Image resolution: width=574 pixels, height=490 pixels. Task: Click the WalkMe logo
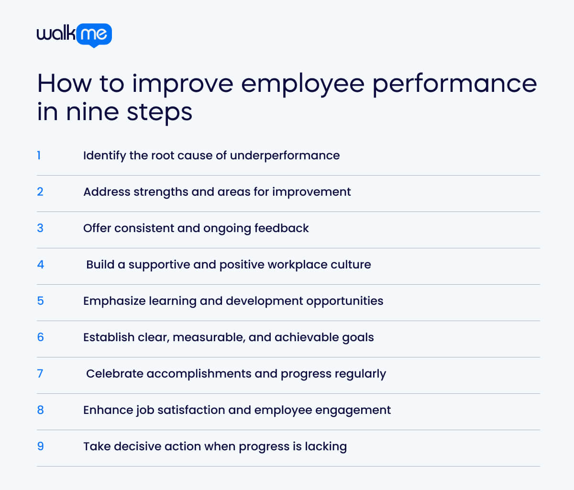coord(74,34)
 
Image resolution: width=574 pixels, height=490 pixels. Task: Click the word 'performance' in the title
coord(454,84)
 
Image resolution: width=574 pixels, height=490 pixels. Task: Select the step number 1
coord(39,156)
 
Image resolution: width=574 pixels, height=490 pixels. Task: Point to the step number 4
coord(41,265)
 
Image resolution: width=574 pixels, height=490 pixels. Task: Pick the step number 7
coord(40,374)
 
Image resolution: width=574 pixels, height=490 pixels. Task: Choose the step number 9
coord(41,446)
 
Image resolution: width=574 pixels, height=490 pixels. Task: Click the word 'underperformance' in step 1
coord(285,156)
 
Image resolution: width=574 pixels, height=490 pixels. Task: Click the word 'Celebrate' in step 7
coord(115,374)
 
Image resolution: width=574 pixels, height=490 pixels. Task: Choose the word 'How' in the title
coord(64,84)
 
